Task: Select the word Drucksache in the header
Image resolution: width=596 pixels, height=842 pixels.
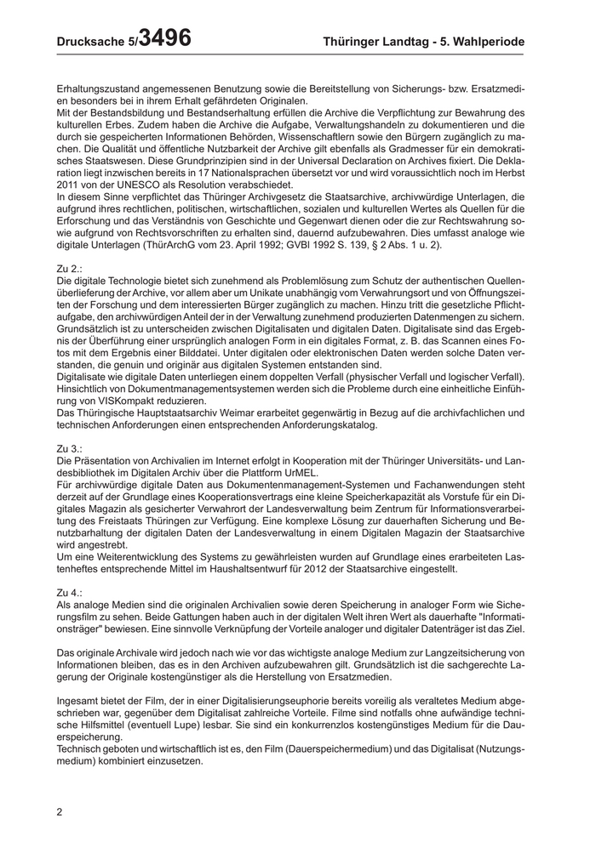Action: click(x=91, y=42)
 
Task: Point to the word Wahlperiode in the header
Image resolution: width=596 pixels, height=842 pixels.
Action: click(x=487, y=42)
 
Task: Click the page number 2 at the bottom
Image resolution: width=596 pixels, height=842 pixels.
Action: click(x=60, y=811)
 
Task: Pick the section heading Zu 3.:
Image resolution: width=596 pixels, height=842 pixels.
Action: click(x=69, y=448)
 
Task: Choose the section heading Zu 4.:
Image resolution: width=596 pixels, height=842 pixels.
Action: click(x=69, y=591)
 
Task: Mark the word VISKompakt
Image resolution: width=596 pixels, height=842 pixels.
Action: click(x=143, y=401)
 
